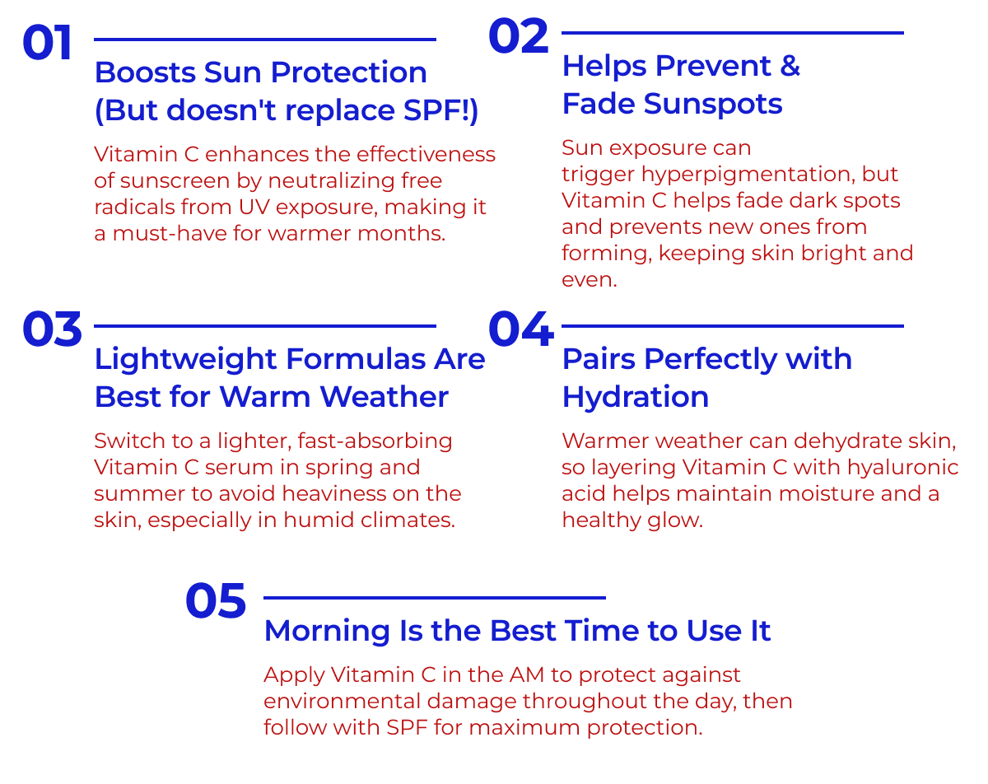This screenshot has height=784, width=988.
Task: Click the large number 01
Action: click(x=47, y=43)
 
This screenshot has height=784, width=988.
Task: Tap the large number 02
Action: click(x=519, y=36)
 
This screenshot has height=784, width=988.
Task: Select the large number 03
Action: click(x=52, y=329)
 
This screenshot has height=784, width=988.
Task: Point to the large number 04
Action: click(x=521, y=329)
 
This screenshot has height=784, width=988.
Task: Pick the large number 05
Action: click(x=216, y=600)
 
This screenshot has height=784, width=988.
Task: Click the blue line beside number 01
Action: click(x=265, y=40)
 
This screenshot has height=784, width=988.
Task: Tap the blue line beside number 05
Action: click(x=435, y=598)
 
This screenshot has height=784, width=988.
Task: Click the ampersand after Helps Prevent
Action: click(x=790, y=65)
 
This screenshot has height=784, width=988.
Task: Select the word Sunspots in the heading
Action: click(x=713, y=104)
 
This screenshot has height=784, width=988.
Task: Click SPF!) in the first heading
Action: click(x=440, y=110)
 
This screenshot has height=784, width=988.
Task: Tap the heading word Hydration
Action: click(x=636, y=397)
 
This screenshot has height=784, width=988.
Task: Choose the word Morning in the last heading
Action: click(x=328, y=630)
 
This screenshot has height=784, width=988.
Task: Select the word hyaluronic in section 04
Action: click(x=903, y=468)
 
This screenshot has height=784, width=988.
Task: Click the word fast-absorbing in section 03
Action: click(x=375, y=441)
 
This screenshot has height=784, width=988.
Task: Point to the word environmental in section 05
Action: click(x=343, y=702)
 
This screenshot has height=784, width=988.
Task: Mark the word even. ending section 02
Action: click(x=589, y=280)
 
